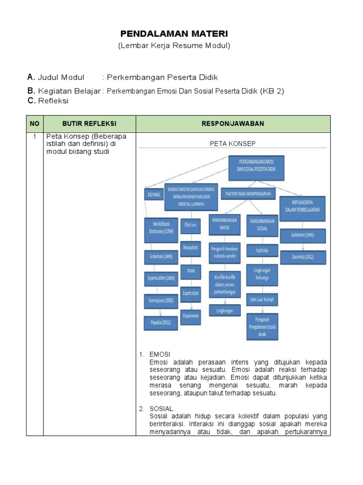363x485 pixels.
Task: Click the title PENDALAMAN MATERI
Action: [173, 34]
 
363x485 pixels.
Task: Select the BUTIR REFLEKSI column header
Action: [89, 124]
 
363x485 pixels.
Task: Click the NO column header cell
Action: [35, 124]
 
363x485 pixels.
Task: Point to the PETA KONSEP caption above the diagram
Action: [233, 144]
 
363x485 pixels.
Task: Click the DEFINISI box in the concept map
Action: [153, 195]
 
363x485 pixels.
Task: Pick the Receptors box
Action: [191, 248]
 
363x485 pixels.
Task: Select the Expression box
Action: [191, 293]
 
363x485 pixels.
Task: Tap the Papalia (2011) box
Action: [161, 323]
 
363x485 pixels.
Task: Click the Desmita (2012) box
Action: [302, 257]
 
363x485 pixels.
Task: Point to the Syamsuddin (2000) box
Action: [160, 278]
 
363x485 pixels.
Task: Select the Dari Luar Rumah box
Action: [262, 299]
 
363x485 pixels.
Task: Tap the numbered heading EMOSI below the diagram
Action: [159, 354]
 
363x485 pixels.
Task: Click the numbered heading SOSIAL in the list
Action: [161, 408]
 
